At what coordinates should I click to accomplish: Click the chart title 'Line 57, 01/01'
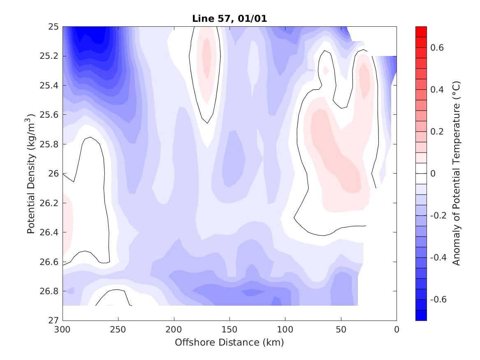230,19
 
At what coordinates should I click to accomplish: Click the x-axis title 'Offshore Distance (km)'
230,342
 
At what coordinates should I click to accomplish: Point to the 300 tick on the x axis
63,329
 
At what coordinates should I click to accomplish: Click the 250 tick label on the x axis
118,329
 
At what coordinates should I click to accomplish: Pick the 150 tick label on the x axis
230,329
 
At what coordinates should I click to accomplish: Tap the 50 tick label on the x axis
341,329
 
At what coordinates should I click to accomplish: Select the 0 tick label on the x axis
397,329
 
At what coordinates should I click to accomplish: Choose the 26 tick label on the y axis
54,174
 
